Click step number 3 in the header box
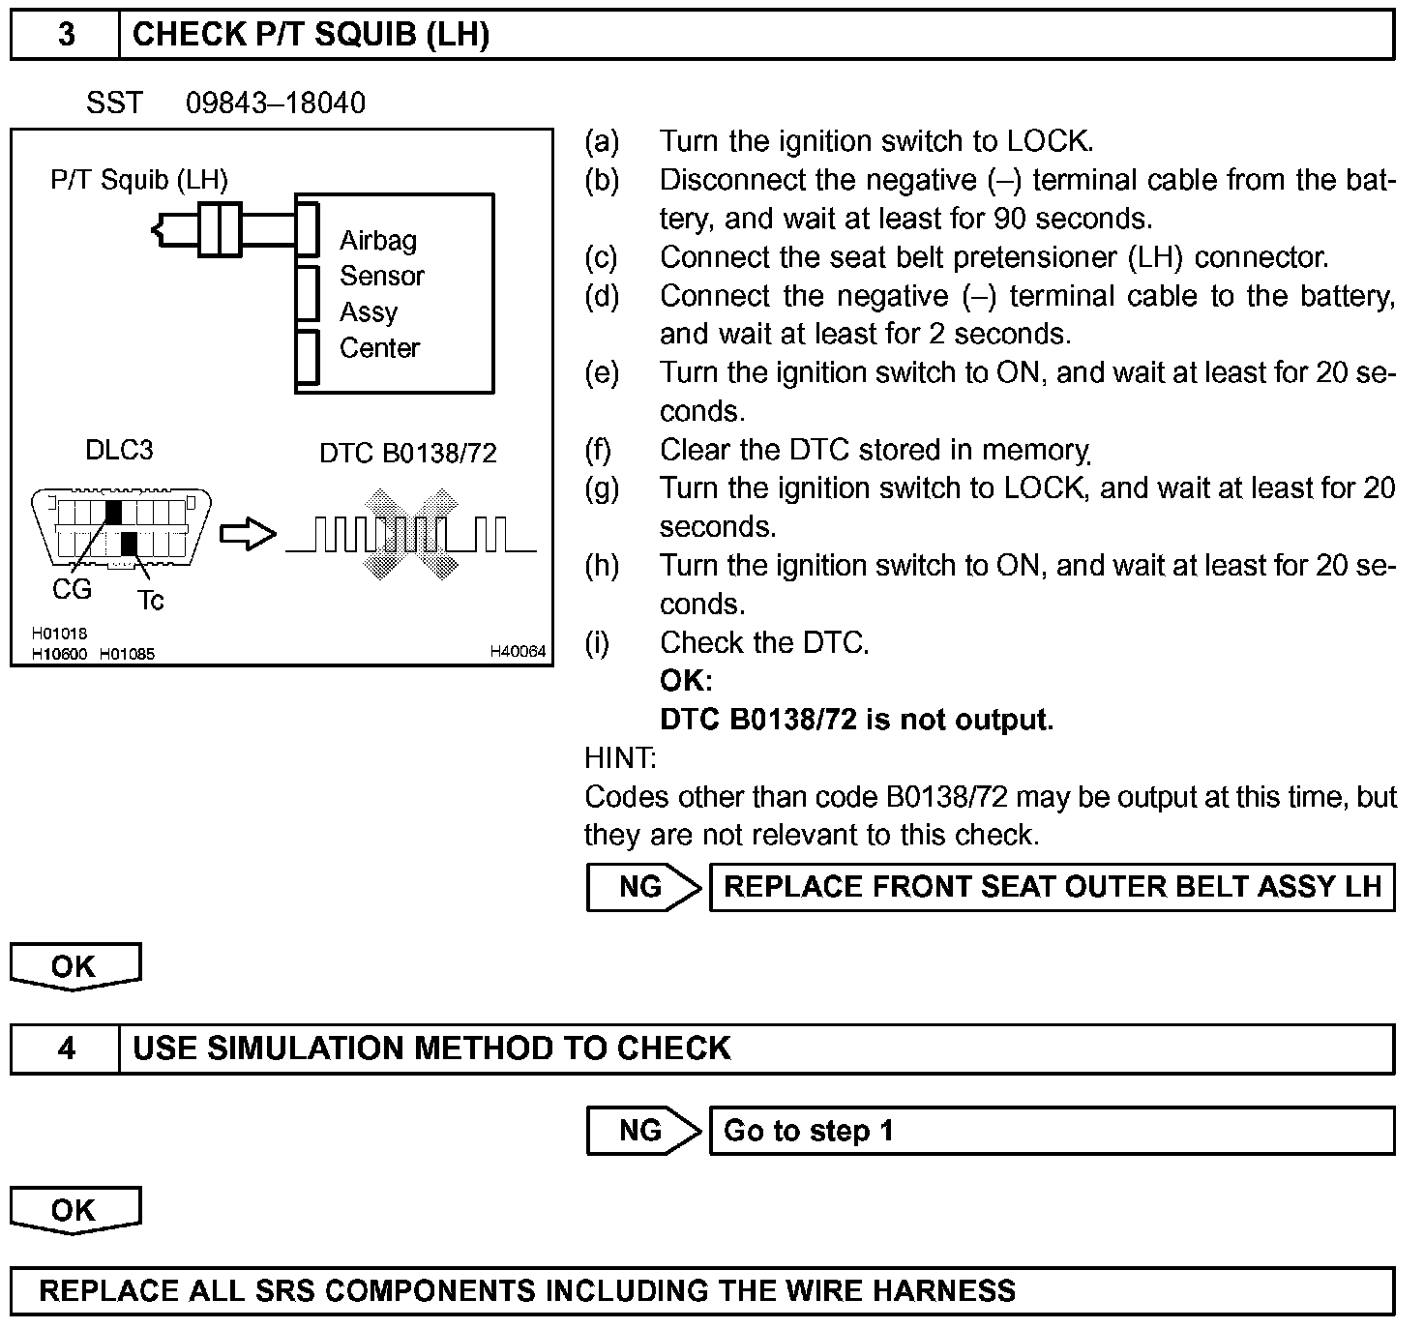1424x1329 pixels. [x=66, y=35]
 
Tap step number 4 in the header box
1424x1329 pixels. [x=66, y=1048]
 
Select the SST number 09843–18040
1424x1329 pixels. [x=276, y=103]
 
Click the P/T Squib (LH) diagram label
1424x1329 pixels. [x=139, y=180]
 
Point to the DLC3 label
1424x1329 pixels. [x=119, y=450]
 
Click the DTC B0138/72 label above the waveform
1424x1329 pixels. [x=407, y=453]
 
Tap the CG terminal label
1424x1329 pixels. [x=72, y=589]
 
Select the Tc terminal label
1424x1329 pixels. [x=150, y=601]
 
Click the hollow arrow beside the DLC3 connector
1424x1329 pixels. [x=248, y=534]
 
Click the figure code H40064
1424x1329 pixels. [x=518, y=652]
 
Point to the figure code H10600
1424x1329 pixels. [x=59, y=654]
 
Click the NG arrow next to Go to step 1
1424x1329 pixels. [x=642, y=1130]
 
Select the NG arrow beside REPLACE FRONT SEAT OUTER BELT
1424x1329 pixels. [x=642, y=887]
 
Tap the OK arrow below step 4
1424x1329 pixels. [x=75, y=1210]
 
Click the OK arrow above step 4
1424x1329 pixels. [x=75, y=966]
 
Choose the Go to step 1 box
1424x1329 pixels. [x=1052, y=1130]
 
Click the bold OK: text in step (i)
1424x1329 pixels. [x=686, y=681]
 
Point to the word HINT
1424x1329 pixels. [x=620, y=757]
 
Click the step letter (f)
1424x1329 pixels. [x=601, y=450]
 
